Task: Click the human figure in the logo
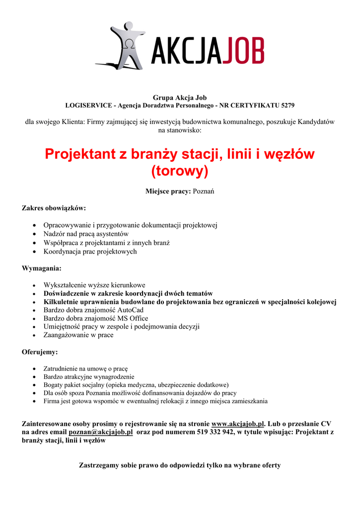tap(127, 45)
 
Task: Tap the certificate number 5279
tap(285, 106)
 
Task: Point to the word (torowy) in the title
tap(180, 171)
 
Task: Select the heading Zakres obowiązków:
tap(54, 208)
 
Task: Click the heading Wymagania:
tap(42, 268)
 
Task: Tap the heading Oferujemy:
tap(40, 352)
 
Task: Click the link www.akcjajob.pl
tap(238, 424)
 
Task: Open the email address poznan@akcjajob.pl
tap(104, 433)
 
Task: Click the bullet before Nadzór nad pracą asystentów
tap(33, 234)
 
